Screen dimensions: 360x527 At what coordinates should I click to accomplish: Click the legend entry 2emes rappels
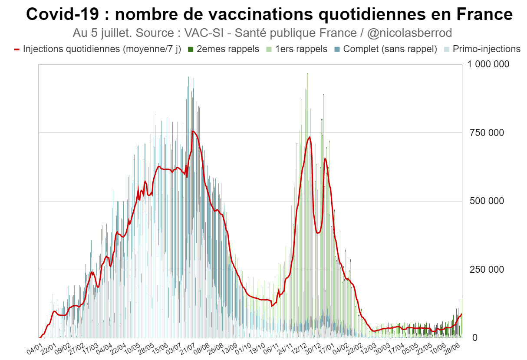(227, 49)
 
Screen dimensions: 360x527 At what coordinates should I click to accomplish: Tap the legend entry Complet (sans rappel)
(389, 49)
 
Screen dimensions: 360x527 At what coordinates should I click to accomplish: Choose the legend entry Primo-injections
(486, 49)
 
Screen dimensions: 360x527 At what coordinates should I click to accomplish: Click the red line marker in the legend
(17, 49)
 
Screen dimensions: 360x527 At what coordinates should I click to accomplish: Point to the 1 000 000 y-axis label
(488, 64)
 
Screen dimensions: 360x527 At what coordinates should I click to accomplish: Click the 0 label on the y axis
(475, 337)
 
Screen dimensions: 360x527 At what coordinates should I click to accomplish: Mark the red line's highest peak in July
(193, 131)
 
